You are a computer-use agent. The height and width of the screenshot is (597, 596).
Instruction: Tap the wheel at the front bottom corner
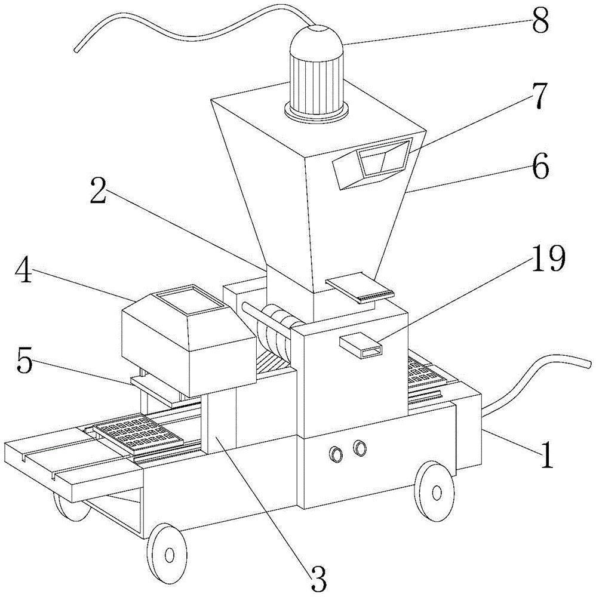point(167,555)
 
